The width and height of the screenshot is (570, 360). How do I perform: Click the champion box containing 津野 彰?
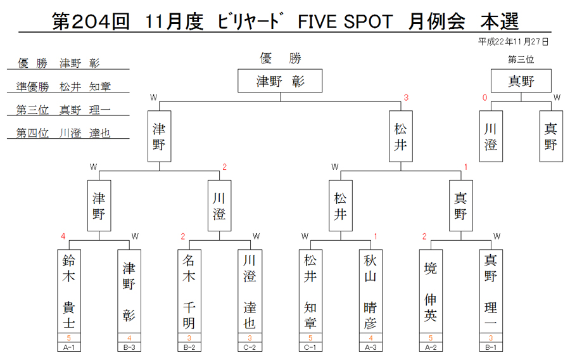pos(280,80)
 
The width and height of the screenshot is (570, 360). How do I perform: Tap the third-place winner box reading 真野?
pos(521,80)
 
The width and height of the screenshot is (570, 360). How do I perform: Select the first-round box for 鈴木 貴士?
pos(68,291)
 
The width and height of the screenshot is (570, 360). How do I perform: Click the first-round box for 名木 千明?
pos(189,291)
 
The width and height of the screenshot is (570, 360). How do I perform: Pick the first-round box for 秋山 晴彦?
pos(370,291)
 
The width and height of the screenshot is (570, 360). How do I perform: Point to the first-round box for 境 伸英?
pos(431,291)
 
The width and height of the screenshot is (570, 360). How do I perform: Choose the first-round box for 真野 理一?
pos(491,291)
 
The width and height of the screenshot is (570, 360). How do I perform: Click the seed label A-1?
pos(68,347)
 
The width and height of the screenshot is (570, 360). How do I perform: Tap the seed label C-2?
pos(250,347)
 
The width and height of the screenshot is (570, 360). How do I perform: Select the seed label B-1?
pos(491,347)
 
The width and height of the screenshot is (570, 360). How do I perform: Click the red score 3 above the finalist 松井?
pos(406,98)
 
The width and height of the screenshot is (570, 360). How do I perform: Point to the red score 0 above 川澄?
pos(484,98)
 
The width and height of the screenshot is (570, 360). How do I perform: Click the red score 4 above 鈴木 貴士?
pos(63,236)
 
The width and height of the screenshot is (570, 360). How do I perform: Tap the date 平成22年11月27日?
pos(513,42)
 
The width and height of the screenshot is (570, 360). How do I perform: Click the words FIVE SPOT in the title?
pos(345,22)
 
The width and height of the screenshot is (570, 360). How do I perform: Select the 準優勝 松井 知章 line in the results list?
pos(63,87)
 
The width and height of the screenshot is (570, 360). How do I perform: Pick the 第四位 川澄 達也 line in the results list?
pos(63,133)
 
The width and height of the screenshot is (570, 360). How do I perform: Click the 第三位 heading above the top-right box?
pos(521,60)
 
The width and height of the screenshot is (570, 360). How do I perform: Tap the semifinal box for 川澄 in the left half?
pos(219,206)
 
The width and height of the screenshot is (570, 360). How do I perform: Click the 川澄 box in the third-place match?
pos(491,136)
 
